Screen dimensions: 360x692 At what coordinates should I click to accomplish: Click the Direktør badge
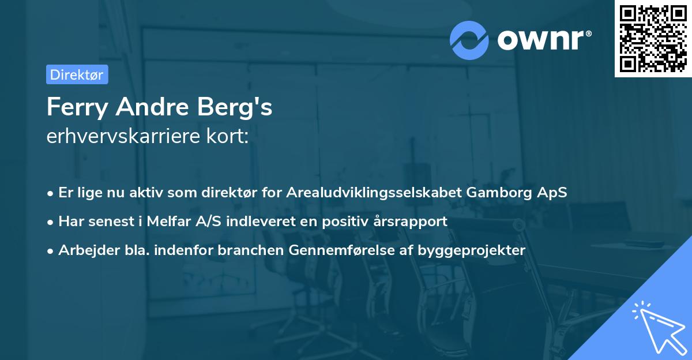click(x=77, y=74)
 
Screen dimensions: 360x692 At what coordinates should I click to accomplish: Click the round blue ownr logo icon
click(x=469, y=40)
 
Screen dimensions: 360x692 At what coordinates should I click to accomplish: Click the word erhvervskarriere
click(x=122, y=137)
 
